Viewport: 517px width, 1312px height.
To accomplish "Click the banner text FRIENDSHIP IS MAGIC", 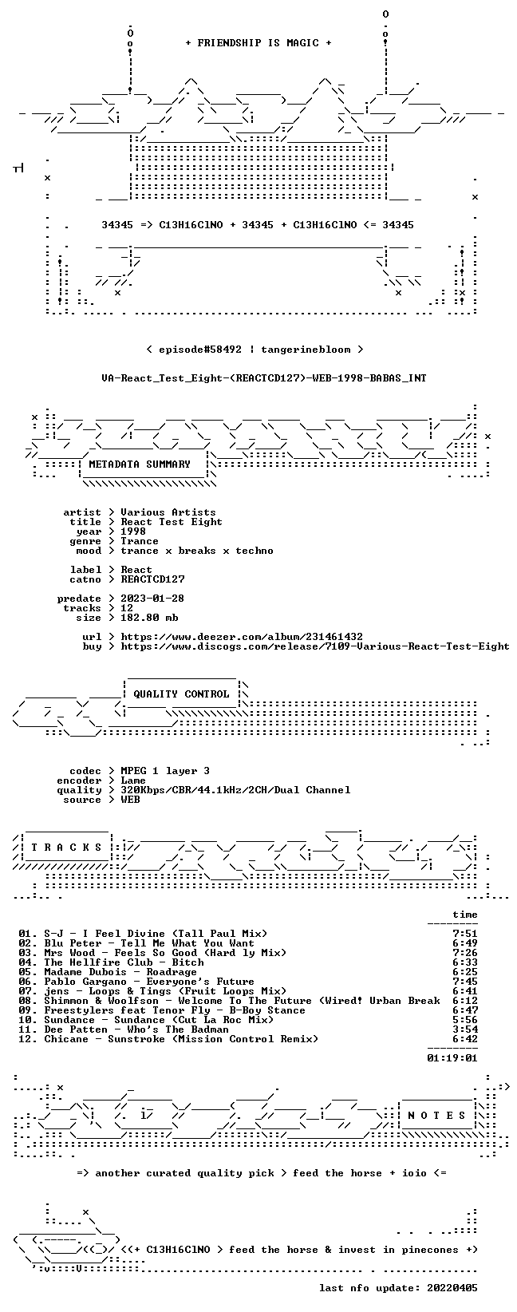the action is pyautogui.click(x=258, y=43).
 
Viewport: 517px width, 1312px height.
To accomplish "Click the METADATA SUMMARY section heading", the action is pyautogui.click(x=140, y=464).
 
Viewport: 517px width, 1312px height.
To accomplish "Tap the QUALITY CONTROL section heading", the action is pyautogui.click(x=181, y=694).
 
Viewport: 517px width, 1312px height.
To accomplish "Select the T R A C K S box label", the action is pyautogui.click(x=67, y=848).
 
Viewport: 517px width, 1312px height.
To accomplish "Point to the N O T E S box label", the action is pyautogui.click(x=436, y=1116).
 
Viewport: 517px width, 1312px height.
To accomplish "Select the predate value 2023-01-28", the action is pyautogui.click(x=153, y=599).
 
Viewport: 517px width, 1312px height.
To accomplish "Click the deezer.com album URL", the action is pyautogui.click(x=242, y=637).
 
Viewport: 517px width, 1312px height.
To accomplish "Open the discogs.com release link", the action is pyautogui.click(x=315, y=646).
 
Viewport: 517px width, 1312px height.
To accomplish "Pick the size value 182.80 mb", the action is pyautogui.click(x=149, y=618).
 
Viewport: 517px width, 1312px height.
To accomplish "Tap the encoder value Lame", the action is pyautogui.click(x=133, y=780).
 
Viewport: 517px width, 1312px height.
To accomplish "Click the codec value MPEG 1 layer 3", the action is pyautogui.click(x=165, y=771).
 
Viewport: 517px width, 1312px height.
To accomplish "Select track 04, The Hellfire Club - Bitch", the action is pyautogui.click(x=111, y=963).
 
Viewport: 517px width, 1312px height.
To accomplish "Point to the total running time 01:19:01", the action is pyautogui.click(x=452, y=1058).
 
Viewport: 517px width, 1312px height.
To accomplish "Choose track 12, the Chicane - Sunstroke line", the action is pyautogui.click(x=168, y=1039).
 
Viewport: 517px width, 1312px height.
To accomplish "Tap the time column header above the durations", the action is pyautogui.click(x=465, y=915).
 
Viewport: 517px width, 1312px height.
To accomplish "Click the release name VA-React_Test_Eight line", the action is pyautogui.click(x=264, y=378).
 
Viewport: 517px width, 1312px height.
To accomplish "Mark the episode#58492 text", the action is pyautogui.click(x=200, y=350).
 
